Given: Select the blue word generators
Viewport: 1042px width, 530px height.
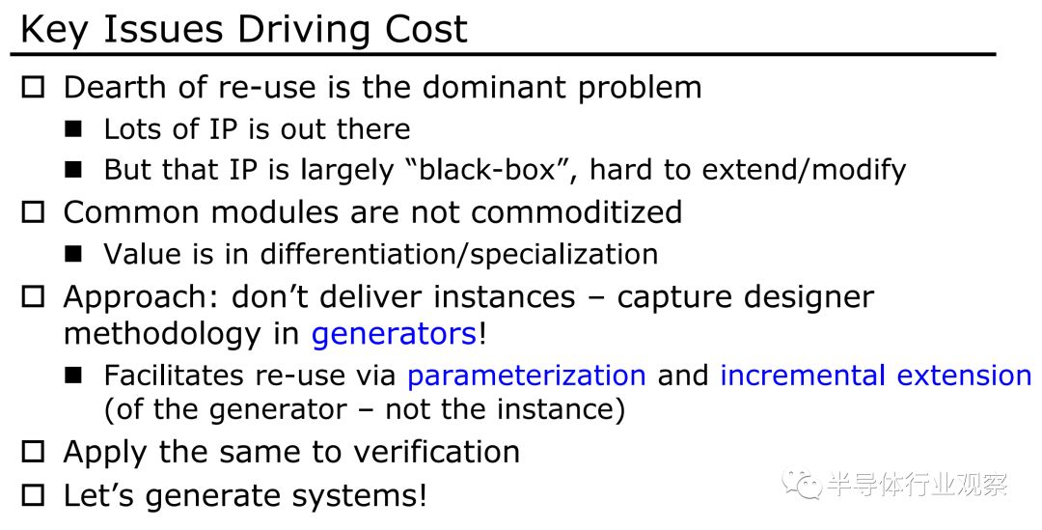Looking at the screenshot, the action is pos(394,334).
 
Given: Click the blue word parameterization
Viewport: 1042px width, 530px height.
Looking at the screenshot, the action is pos(527,376).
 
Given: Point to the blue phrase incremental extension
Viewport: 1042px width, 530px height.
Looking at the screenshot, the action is pos(876,376).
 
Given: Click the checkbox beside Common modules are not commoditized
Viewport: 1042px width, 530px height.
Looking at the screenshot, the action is pos(33,212).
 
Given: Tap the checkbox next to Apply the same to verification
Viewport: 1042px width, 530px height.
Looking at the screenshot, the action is pos(33,452).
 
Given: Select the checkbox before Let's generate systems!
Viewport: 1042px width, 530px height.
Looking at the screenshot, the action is pos(33,495).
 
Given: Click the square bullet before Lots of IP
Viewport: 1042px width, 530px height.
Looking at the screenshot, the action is pos(73,129).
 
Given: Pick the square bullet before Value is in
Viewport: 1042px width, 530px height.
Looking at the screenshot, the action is pos(73,254).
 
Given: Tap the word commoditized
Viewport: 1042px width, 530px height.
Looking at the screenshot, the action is pos(577,212).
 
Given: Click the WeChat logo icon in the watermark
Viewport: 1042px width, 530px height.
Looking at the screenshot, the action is pos(802,484).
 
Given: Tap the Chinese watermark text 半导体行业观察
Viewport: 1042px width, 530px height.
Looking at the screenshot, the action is pos(918,484).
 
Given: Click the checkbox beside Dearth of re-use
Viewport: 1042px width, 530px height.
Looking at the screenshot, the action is pos(33,88).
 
